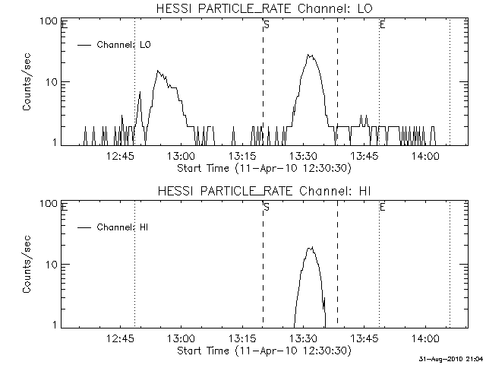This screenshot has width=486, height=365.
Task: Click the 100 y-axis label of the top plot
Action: click(49, 21)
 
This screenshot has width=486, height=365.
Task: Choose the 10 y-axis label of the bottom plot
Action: click(52, 265)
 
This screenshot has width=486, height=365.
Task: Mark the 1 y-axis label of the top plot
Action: click(55, 142)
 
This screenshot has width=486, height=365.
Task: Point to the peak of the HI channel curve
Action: click(311, 248)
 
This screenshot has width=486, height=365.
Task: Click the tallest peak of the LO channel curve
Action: click(309, 55)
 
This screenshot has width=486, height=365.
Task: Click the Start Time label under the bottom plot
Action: click(263, 351)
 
